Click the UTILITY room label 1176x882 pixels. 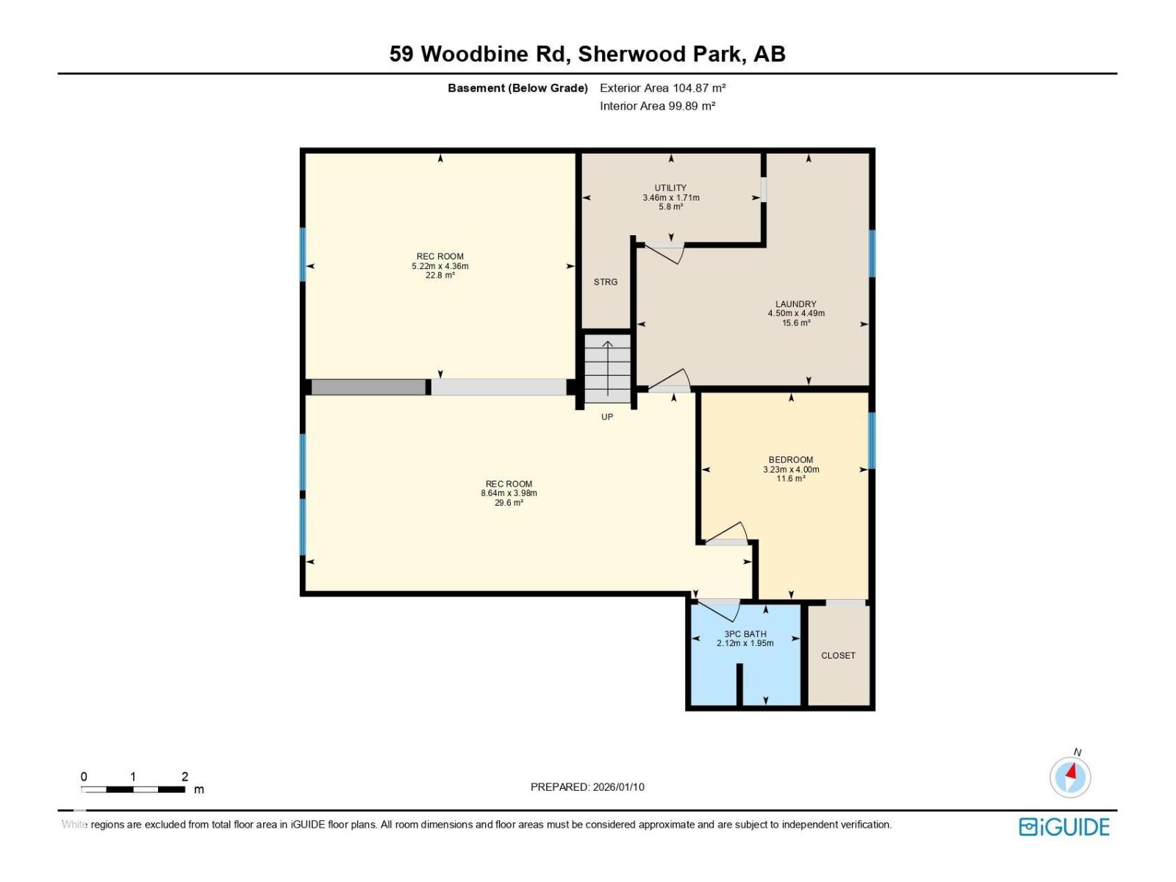coord(670,188)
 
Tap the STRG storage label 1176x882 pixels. coord(606,282)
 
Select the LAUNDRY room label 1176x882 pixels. coord(796,304)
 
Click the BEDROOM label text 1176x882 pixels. coord(791,460)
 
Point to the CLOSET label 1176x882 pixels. coord(838,656)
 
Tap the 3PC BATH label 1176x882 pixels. coord(745,634)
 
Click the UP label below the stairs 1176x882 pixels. coord(607,417)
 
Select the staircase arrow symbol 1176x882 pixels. coord(608,360)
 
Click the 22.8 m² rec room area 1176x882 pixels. coord(440,276)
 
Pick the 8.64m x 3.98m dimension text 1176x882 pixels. coord(509,493)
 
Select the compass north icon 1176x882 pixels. coord(1070,776)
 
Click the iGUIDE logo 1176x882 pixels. coord(1064,827)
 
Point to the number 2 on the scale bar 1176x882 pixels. coord(184,777)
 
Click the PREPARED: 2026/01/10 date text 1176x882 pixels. coord(587,787)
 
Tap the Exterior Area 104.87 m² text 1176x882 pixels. coord(662,88)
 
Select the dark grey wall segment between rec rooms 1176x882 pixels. coord(368,387)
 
